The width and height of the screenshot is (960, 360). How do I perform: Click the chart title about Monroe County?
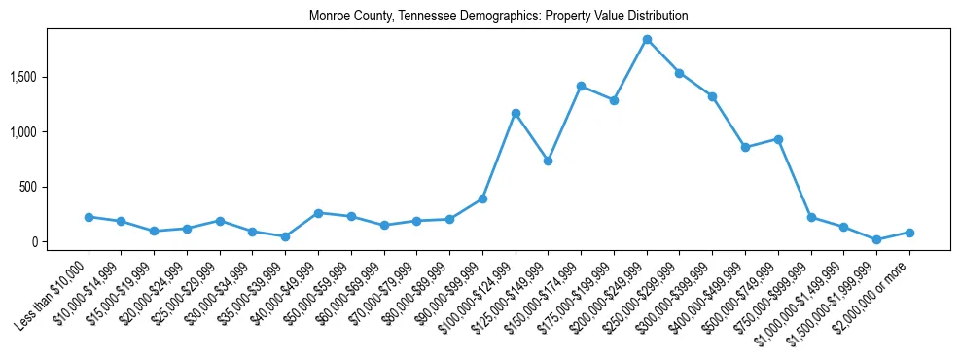pyautogui.click(x=498, y=17)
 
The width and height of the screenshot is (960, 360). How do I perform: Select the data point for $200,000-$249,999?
pyautogui.click(x=647, y=40)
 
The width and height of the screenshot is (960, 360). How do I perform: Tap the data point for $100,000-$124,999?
pyautogui.click(x=516, y=114)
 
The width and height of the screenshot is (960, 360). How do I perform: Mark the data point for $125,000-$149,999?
pyautogui.click(x=549, y=161)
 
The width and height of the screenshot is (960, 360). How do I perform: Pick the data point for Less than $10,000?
pyautogui.click(x=89, y=217)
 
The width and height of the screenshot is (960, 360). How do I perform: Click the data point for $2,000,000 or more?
pyautogui.click(x=909, y=233)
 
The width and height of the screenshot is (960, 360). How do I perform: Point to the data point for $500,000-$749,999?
pyautogui.click(x=778, y=139)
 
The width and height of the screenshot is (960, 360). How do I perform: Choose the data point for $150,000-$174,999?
pyautogui.click(x=581, y=87)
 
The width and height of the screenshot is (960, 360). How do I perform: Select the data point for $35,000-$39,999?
pyautogui.click(x=285, y=236)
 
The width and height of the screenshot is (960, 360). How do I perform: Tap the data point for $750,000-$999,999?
pyautogui.click(x=811, y=218)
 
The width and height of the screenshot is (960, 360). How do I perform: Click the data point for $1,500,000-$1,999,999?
pyautogui.click(x=876, y=239)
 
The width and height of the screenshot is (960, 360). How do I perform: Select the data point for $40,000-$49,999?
pyautogui.click(x=318, y=213)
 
